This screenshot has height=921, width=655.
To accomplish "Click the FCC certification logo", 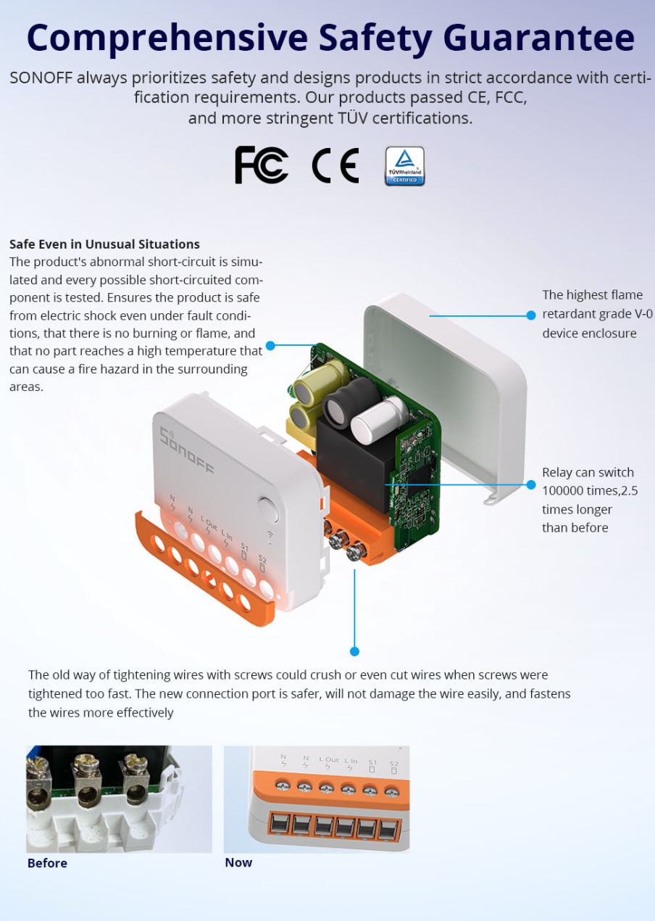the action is click(x=262, y=165).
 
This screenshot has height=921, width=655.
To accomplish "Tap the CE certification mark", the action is click(x=335, y=165).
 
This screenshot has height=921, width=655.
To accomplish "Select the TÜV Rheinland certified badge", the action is click(x=405, y=166).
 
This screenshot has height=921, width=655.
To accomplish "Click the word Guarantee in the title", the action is click(x=539, y=38).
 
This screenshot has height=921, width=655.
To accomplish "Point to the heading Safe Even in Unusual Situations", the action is click(x=104, y=244).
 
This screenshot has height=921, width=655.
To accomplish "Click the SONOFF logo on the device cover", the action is click(x=187, y=451).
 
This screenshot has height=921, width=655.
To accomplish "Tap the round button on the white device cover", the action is click(x=269, y=509).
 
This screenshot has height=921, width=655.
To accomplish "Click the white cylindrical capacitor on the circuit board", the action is click(x=379, y=419).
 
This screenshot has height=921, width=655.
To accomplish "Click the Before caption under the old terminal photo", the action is click(x=47, y=862).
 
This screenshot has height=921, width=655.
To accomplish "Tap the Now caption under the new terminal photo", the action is click(x=238, y=862).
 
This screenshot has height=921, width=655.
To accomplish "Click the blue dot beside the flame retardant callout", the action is click(x=531, y=315).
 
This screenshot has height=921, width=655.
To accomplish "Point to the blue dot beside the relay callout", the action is click(x=531, y=484).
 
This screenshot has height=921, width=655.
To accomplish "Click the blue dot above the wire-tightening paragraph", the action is click(x=354, y=651).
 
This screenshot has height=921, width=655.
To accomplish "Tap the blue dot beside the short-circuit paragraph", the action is click(x=270, y=345).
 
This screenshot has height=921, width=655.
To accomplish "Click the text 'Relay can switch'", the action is click(x=588, y=472).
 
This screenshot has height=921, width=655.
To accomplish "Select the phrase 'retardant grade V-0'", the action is click(x=597, y=314).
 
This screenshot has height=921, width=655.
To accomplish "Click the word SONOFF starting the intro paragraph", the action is click(x=41, y=78).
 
